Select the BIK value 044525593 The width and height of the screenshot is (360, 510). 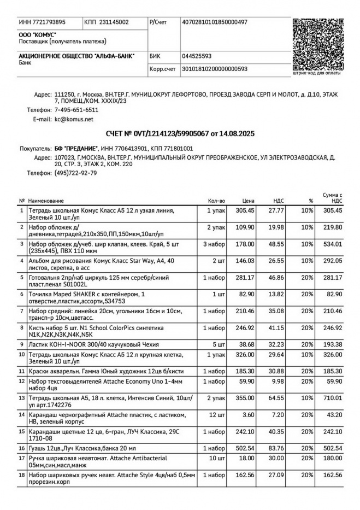pos(197,56)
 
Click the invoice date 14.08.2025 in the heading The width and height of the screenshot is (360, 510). pos(237,134)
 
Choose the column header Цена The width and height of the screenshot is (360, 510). pos(249,201)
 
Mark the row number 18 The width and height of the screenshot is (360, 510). pos(22,476)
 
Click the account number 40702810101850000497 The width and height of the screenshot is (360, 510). pos(215,22)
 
